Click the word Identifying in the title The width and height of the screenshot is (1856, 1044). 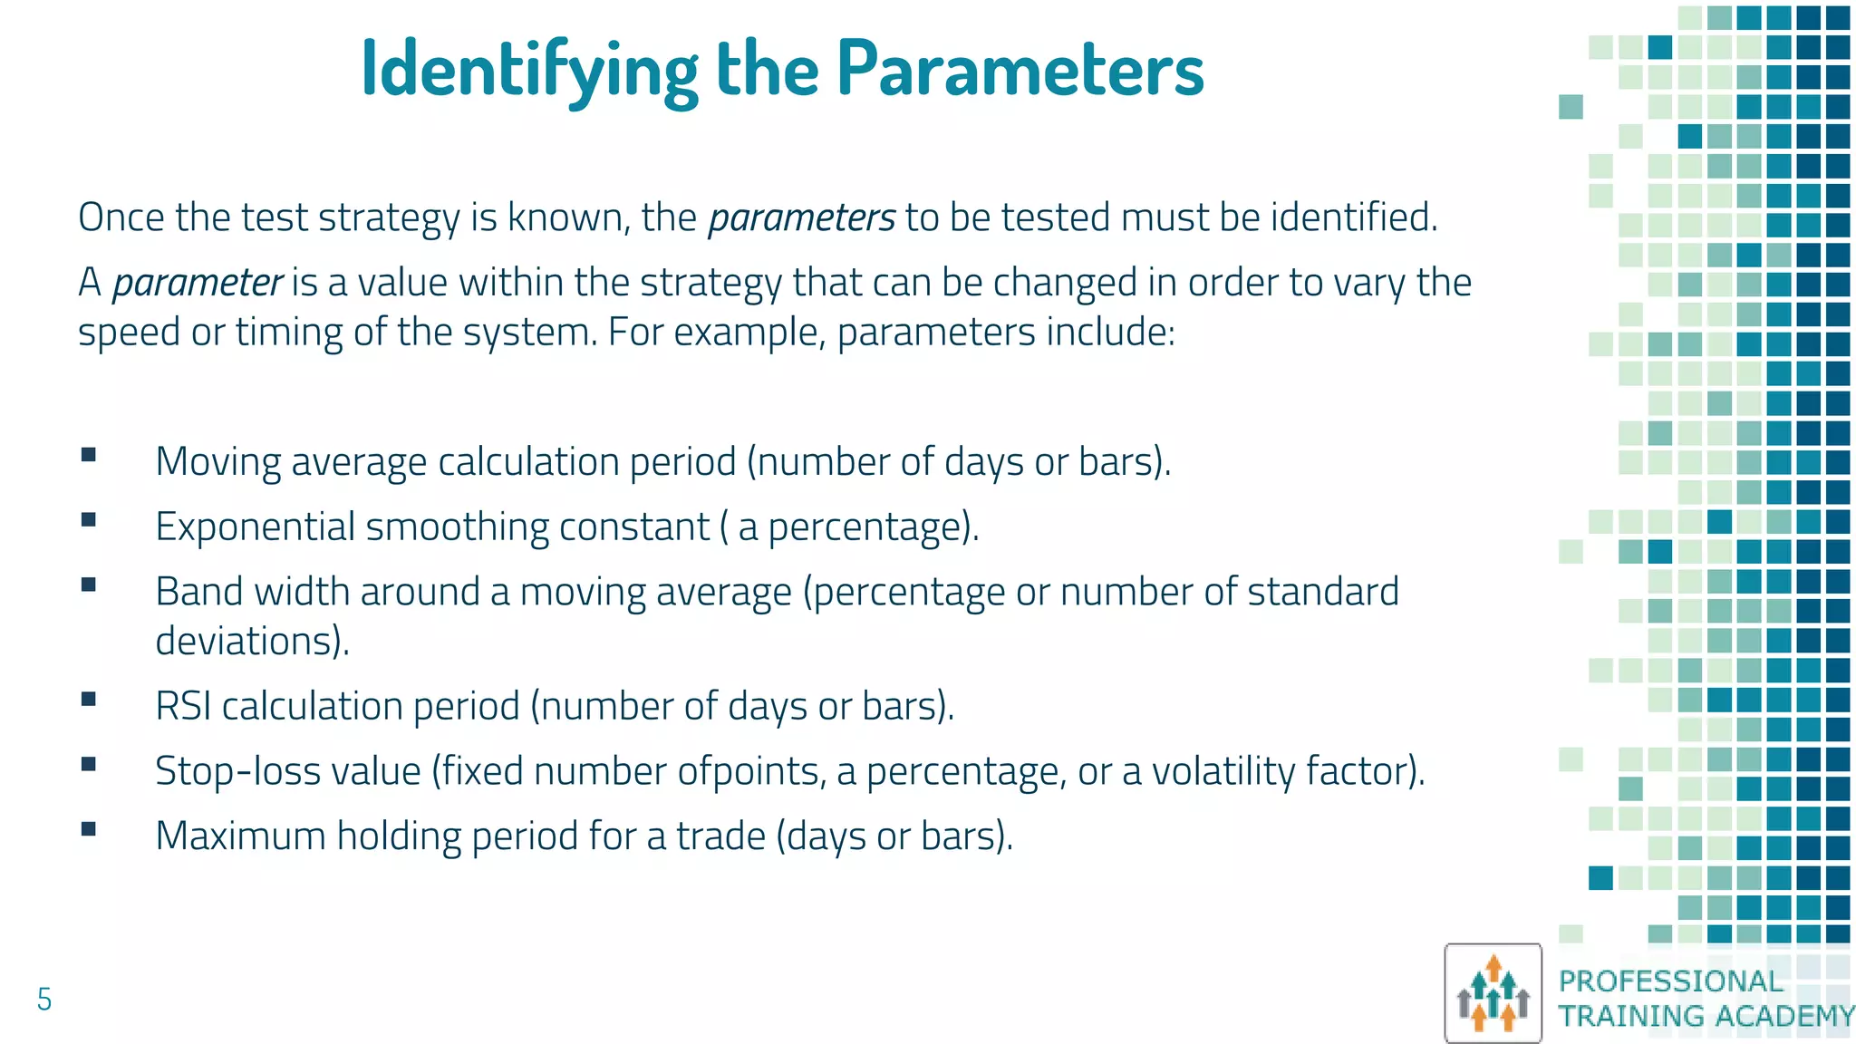coord(528,71)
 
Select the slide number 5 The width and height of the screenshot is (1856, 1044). coord(44,1000)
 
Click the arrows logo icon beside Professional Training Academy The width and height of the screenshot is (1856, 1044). coord(1493,994)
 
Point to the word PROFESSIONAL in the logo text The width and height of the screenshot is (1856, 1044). coord(1670,981)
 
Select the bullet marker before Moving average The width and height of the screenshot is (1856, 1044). coord(89,455)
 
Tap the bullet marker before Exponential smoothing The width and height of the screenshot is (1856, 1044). coord(89,520)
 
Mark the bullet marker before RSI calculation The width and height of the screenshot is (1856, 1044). coord(89,699)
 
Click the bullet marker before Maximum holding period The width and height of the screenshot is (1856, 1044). coord(89,828)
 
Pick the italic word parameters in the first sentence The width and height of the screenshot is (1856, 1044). coord(801,217)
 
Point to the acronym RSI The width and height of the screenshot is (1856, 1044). coord(183,706)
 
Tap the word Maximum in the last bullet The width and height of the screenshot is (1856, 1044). coord(240,836)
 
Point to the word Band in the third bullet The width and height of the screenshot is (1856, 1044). coord(199,592)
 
